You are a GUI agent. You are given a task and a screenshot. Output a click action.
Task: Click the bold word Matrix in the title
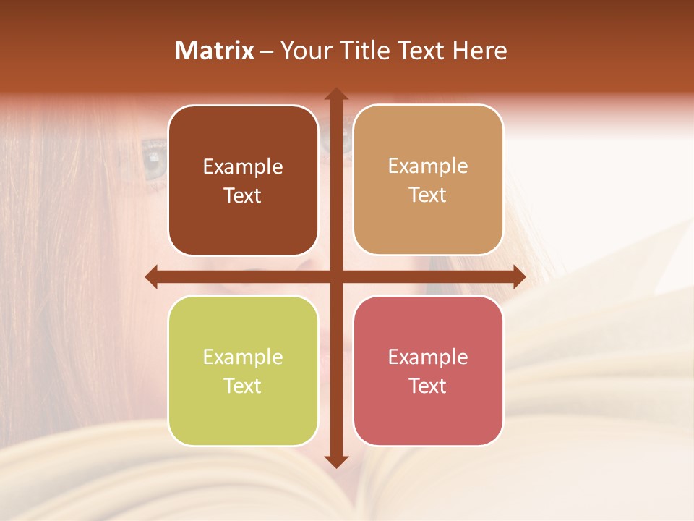(215, 51)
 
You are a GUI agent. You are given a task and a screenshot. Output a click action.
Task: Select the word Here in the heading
(479, 51)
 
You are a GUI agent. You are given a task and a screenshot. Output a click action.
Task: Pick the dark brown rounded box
(243, 180)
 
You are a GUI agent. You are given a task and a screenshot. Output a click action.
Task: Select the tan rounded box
(428, 179)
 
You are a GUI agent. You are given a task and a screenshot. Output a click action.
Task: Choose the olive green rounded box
(243, 370)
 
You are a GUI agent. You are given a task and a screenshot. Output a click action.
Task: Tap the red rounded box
(428, 370)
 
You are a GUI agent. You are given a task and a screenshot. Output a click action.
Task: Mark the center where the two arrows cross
(335, 276)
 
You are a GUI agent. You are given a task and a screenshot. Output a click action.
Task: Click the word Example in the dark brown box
(243, 167)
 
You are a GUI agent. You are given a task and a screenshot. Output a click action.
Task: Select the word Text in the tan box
(428, 195)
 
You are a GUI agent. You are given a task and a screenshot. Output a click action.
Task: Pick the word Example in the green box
(243, 357)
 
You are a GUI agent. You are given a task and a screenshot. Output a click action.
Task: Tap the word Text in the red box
(428, 386)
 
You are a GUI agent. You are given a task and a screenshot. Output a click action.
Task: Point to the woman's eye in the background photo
(153, 155)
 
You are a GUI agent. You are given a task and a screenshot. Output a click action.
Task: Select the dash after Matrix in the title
(267, 51)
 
